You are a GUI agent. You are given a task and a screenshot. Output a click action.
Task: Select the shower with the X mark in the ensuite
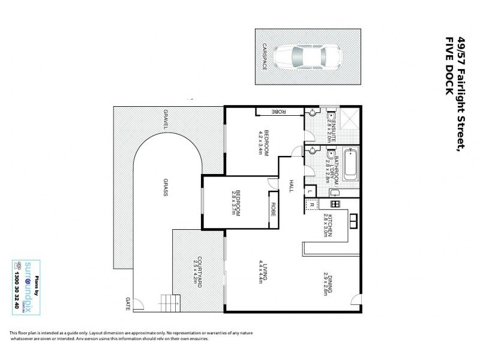(349, 120)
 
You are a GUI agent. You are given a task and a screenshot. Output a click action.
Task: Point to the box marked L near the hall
(310, 191)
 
